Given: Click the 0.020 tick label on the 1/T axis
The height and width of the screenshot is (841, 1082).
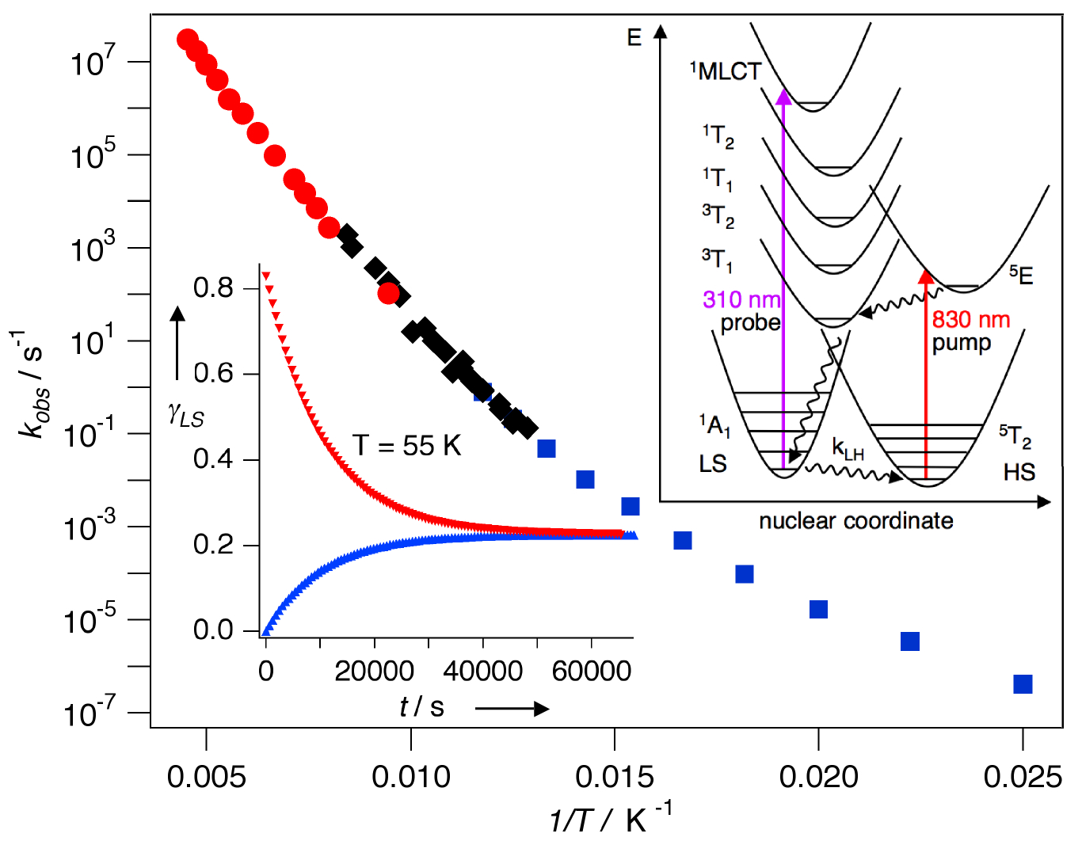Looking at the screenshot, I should point(818,777).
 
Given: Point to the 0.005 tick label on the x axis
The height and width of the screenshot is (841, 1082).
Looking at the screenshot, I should point(206,777).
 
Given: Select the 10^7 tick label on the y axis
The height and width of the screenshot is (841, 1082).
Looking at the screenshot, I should point(93,61).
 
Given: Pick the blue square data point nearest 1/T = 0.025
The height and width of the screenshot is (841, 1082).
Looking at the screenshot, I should point(1023,683).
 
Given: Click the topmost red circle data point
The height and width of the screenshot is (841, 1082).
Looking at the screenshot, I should point(188,40).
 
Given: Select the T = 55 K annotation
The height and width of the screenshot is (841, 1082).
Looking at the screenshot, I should point(407,446).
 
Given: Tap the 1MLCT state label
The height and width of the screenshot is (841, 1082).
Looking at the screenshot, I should point(725,71).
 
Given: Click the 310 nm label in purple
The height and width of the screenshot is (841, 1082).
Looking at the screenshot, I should point(741,299).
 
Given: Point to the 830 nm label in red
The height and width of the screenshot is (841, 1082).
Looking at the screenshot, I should point(971,320).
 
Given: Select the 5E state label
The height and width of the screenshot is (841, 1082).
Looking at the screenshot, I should point(1021,275).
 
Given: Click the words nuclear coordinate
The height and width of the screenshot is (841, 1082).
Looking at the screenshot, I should point(855,521).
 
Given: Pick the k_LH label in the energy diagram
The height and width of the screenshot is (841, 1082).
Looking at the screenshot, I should point(848,449).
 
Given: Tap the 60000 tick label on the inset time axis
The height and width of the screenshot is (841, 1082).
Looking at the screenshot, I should point(592,672).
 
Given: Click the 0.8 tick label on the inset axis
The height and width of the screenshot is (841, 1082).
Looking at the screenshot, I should point(214,287).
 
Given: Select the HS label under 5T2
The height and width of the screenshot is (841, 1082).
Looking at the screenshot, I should point(1019,472).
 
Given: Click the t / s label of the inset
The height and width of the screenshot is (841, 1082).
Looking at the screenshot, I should point(421,706).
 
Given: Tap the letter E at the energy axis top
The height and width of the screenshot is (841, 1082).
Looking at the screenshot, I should point(634,37).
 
